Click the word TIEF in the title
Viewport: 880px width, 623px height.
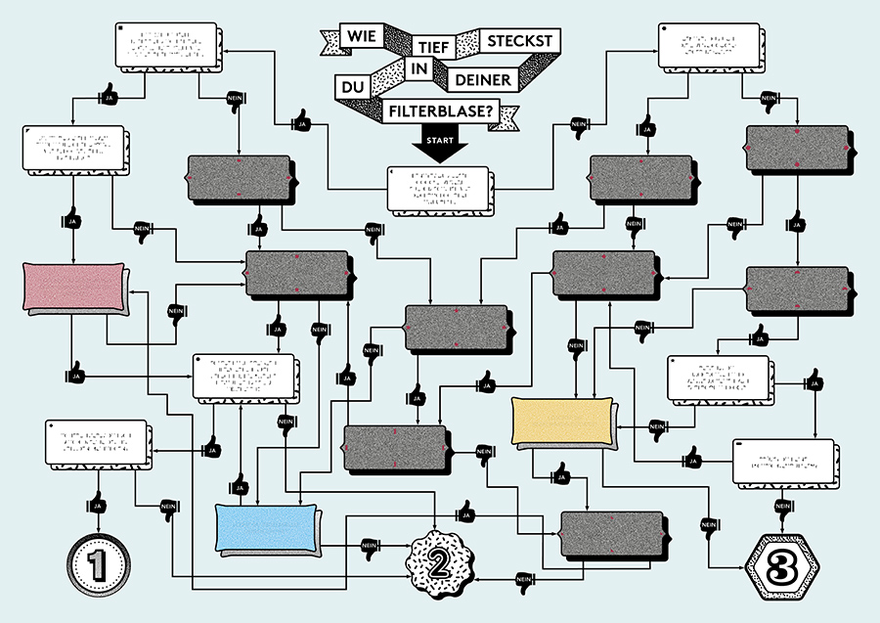click(x=430, y=45)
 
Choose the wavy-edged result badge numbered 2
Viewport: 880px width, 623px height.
click(x=438, y=561)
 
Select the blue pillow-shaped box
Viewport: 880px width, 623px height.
click(x=267, y=528)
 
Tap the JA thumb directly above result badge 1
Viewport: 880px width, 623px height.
click(x=96, y=505)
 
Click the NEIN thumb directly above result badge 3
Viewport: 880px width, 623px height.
click(x=782, y=505)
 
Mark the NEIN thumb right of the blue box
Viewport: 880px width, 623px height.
click(x=370, y=546)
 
